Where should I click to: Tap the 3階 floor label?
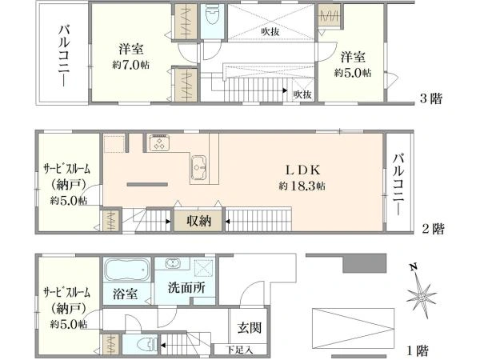tap(431, 100)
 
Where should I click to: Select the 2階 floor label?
tap(431, 229)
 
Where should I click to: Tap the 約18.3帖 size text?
tap(302, 186)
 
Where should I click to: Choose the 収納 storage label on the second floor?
tap(199, 221)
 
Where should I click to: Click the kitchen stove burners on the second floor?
tap(158, 144)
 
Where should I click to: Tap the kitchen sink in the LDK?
tap(198, 166)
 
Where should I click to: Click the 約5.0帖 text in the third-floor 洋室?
tap(353, 73)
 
